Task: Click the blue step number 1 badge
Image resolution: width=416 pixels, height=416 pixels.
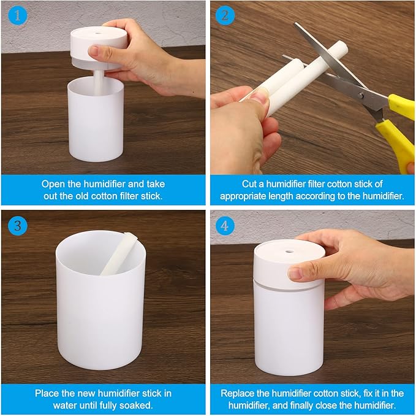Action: click(17, 17)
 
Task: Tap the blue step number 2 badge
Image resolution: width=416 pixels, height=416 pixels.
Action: click(225, 17)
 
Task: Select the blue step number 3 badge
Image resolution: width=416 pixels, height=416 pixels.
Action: click(17, 225)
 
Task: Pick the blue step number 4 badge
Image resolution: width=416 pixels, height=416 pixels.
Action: click(225, 225)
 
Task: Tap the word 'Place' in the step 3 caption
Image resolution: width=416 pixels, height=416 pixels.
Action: click(47, 393)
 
